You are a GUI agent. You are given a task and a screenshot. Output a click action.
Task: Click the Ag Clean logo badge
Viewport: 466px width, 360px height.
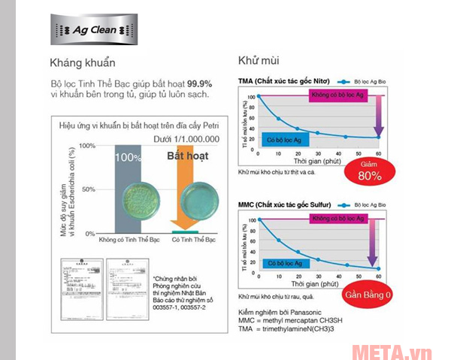coord(94,30)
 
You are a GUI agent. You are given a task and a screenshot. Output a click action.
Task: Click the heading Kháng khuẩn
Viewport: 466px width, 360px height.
coord(83,62)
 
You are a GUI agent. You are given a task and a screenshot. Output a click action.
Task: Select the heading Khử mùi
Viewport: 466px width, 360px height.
coord(259,60)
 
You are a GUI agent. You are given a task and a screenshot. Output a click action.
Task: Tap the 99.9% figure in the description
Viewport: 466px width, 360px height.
coord(198,84)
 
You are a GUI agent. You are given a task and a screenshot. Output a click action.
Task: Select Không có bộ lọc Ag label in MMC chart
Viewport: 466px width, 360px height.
coord(337,217)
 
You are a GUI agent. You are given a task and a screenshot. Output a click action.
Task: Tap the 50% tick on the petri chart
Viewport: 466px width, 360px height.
coord(88,189)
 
